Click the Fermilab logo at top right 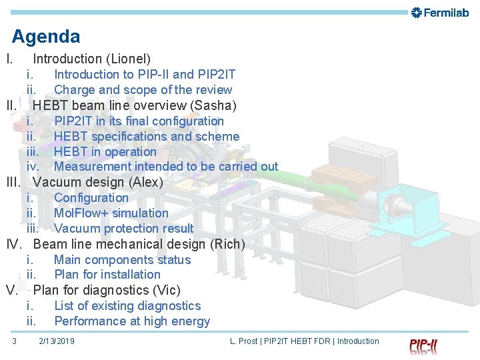440,13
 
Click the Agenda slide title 46,37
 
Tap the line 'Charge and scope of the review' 143,90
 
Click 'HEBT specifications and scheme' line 146,137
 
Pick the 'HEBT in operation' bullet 105,152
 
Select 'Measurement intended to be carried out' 165,167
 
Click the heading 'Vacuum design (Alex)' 97,182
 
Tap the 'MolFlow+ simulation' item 111,213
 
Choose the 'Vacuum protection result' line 123,229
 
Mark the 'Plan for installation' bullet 107,275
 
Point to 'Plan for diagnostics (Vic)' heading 106,290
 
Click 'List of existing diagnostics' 127,306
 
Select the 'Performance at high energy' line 131,321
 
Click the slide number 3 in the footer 14,341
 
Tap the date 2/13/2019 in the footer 57,341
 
